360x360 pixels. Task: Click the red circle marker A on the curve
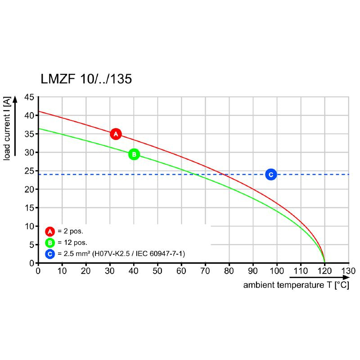tap(116, 134)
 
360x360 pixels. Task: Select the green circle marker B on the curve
tap(134, 154)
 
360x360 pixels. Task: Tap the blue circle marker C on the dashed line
tap(270, 175)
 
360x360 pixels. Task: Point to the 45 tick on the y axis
tap(29, 97)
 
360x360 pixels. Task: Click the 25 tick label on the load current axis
tap(29, 171)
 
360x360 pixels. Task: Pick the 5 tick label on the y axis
tap(31, 245)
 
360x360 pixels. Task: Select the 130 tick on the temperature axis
tap(348, 271)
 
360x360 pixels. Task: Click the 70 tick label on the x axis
tap(205, 271)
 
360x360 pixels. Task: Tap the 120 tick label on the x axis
tap(324, 271)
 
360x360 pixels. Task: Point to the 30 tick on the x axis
tap(110, 271)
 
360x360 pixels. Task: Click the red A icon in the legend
tap(50, 232)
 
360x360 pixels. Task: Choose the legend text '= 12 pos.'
tap(72, 243)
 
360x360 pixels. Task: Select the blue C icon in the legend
tap(50, 254)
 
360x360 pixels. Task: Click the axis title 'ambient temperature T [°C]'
tap(296, 285)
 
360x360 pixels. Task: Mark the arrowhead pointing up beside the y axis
tap(16, 100)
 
